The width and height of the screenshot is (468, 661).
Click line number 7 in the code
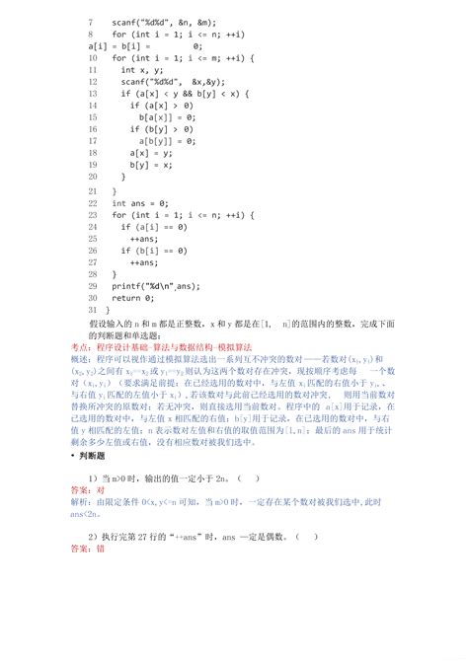(91, 20)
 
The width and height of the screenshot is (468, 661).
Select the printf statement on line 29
(158, 285)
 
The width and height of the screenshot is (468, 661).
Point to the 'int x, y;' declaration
(142, 70)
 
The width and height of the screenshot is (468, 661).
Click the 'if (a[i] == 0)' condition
(158, 226)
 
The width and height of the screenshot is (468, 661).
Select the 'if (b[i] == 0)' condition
(158, 250)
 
